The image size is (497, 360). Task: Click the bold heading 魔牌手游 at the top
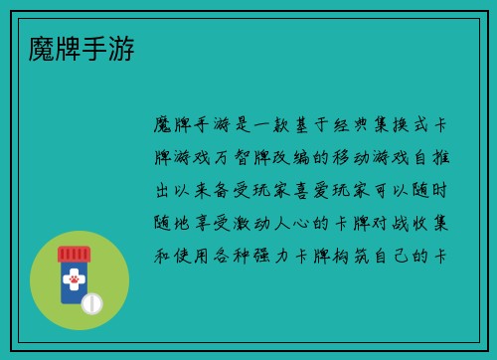point(78,47)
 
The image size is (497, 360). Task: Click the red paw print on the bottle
point(73,280)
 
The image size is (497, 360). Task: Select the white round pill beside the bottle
point(91,303)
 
